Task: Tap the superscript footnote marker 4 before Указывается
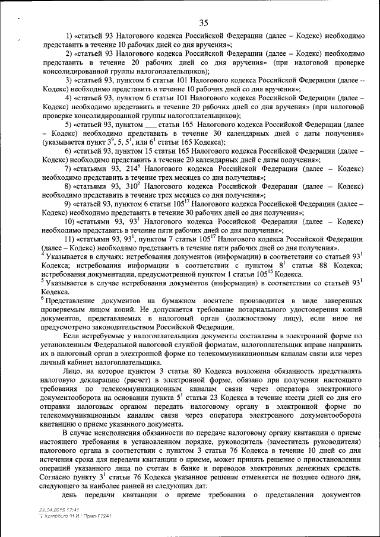coord(43,254)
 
